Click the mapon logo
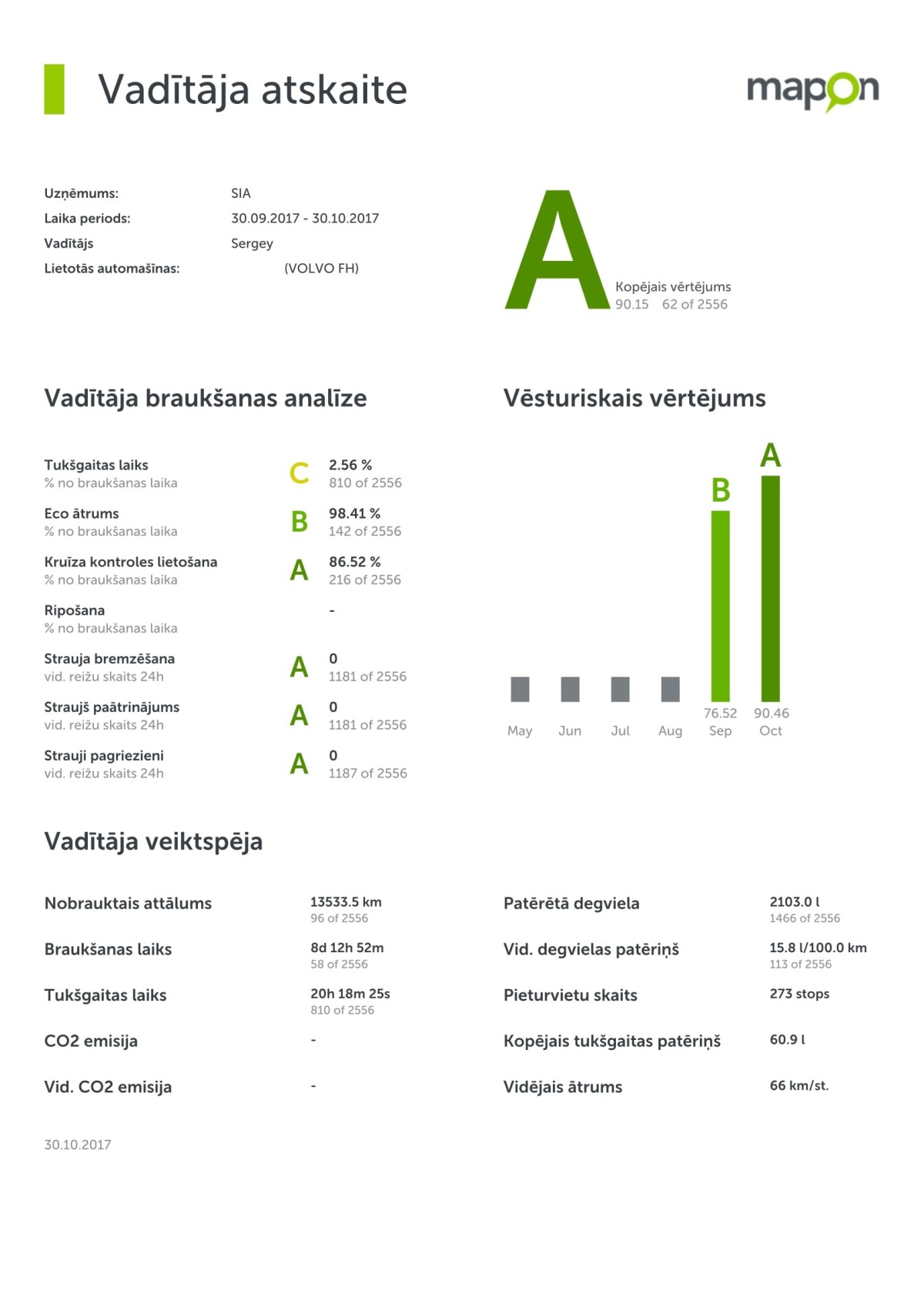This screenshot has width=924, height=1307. tap(812, 92)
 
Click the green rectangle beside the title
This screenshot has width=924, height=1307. tap(54, 89)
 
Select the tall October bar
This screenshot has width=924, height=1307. tap(770, 588)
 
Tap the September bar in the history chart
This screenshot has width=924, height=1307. tap(720, 606)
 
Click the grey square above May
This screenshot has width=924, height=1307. tap(520, 689)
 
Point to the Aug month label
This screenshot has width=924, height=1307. tap(670, 731)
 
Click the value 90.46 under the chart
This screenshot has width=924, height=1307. tap(771, 714)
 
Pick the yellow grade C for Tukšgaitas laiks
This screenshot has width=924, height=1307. tap(299, 473)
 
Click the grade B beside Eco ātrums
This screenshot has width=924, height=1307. tap(299, 522)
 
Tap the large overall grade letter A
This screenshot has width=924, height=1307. tap(557, 251)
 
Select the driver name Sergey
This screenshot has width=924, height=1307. tap(252, 243)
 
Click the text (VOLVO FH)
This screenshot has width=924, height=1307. tap(321, 269)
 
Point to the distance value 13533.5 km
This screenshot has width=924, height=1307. tap(346, 902)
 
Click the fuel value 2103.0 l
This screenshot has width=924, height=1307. tap(794, 902)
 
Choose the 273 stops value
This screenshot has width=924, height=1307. tap(799, 994)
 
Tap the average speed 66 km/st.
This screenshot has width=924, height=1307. tap(798, 1086)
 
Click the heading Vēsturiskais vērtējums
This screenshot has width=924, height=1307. tap(634, 399)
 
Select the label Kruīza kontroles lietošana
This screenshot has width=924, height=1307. tap(131, 562)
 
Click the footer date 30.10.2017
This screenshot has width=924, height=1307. tap(78, 1145)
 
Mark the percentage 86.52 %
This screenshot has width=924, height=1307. tap(354, 562)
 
